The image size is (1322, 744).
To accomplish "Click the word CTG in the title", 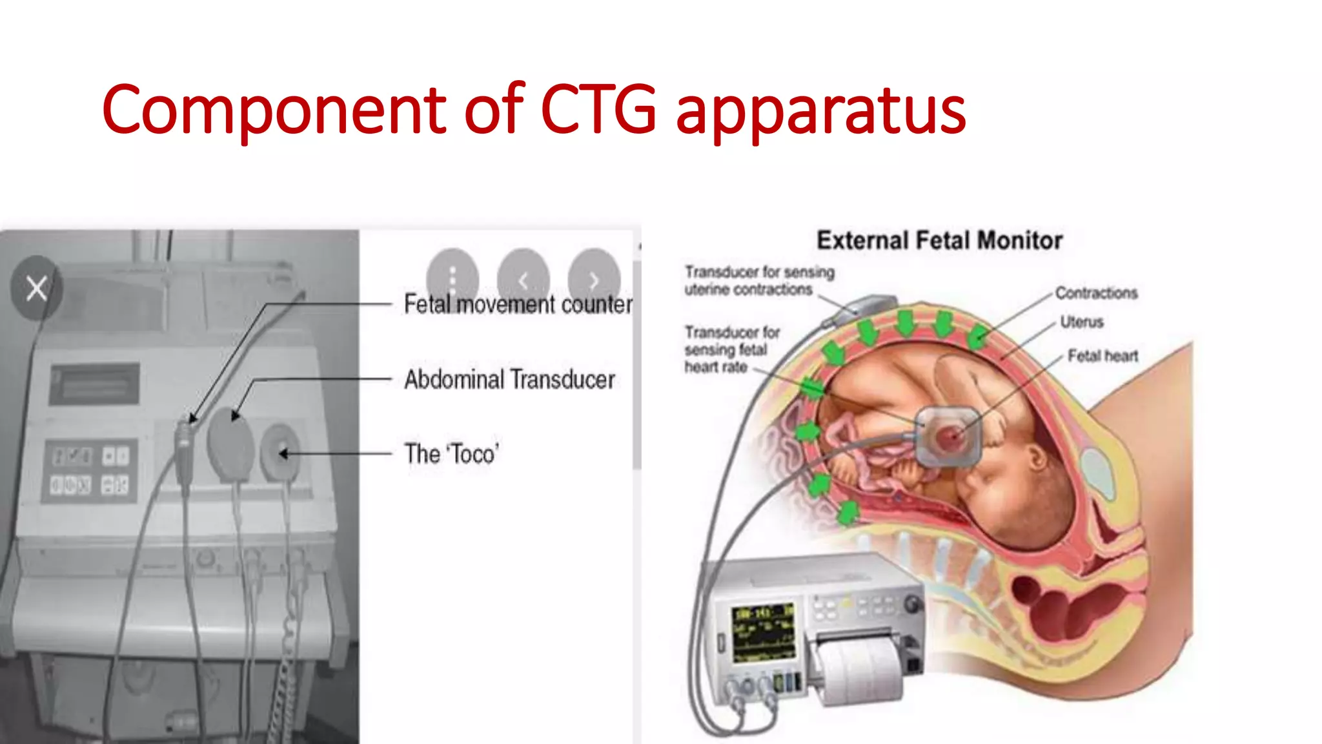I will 598,110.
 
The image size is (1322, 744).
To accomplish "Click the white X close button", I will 37,288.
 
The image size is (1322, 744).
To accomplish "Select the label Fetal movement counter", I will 518,304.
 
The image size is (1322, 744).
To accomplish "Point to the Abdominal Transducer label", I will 509,380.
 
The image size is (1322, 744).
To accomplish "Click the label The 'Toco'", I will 452,454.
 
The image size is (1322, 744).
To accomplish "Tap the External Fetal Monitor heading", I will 939,240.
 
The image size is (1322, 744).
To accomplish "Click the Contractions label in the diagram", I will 1096,293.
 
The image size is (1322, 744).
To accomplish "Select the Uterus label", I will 1082,322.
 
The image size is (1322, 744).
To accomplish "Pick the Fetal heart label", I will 1103,356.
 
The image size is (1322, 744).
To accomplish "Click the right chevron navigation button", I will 594,280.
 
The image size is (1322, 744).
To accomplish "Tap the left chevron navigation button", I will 524,280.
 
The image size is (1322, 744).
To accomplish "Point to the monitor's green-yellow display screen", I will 764,633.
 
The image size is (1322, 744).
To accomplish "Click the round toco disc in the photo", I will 280,453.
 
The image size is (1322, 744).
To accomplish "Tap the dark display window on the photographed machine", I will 95,384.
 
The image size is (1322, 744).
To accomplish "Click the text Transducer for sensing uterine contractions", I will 758,281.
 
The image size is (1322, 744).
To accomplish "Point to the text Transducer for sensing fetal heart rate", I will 731,349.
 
